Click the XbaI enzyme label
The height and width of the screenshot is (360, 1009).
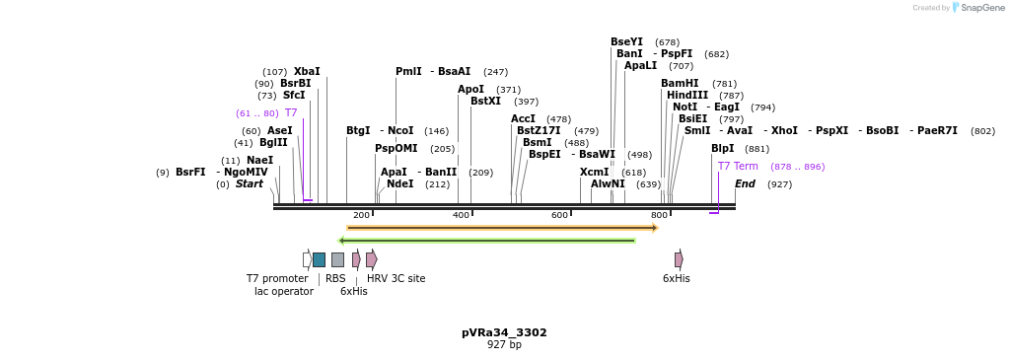point(307,72)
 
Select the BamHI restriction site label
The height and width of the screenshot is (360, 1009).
point(680,84)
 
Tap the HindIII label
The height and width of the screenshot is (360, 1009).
point(687,96)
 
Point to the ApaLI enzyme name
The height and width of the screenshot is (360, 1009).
point(640,66)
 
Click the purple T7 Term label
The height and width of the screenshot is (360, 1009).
point(738,167)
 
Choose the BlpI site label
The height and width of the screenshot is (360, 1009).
point(723,149)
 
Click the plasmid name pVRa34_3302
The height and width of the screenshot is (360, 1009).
point(504,333)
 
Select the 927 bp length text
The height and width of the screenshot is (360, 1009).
point(504,345)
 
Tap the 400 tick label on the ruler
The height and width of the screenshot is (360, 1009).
point(461,215)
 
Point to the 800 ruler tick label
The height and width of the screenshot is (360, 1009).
point(659,215)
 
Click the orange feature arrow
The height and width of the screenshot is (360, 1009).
point(502,228)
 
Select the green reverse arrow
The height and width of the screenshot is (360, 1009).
point(486,241)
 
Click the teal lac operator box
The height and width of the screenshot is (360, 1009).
point(319,259)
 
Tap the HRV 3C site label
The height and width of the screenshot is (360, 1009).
point(396,279)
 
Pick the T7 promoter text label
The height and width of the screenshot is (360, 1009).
point(277,279)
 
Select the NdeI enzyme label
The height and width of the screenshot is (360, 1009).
point(400,184)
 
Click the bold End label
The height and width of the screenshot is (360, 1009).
point(745,184)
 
